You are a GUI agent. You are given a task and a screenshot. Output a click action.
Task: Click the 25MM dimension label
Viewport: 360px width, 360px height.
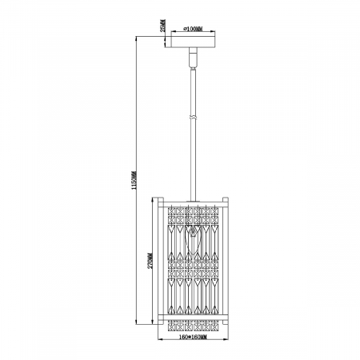(162, 31)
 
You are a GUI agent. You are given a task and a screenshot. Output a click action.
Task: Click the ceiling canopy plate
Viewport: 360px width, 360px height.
(193, 42)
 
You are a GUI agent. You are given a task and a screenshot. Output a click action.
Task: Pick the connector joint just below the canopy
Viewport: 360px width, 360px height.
(193, 58)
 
